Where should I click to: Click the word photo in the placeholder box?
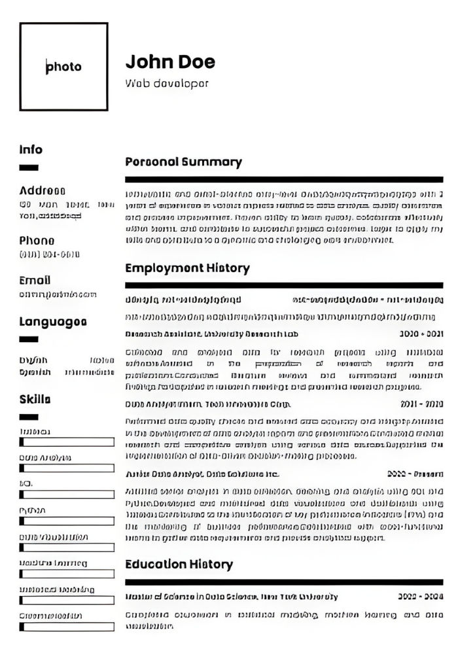point(64,67)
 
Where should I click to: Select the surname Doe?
point(196,62)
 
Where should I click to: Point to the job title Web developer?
point(167,84)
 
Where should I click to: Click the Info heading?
point(31,150)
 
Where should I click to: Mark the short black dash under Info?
point(29,168)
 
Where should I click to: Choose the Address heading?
point(43,191)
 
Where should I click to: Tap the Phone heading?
point(37,240)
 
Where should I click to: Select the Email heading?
point(35,280)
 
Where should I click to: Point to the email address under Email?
point(58,294)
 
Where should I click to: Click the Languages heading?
point(53,321)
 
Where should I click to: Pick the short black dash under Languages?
point(29,339)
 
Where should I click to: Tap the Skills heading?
point(35,399)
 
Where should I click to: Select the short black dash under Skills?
point(29,417)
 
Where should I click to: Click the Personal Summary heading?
point(183,162)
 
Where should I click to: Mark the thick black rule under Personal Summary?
point(283,179)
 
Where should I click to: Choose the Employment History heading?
point(187,268)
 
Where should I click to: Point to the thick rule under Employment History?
point(283,285)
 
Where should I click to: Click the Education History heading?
point(179,564)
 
